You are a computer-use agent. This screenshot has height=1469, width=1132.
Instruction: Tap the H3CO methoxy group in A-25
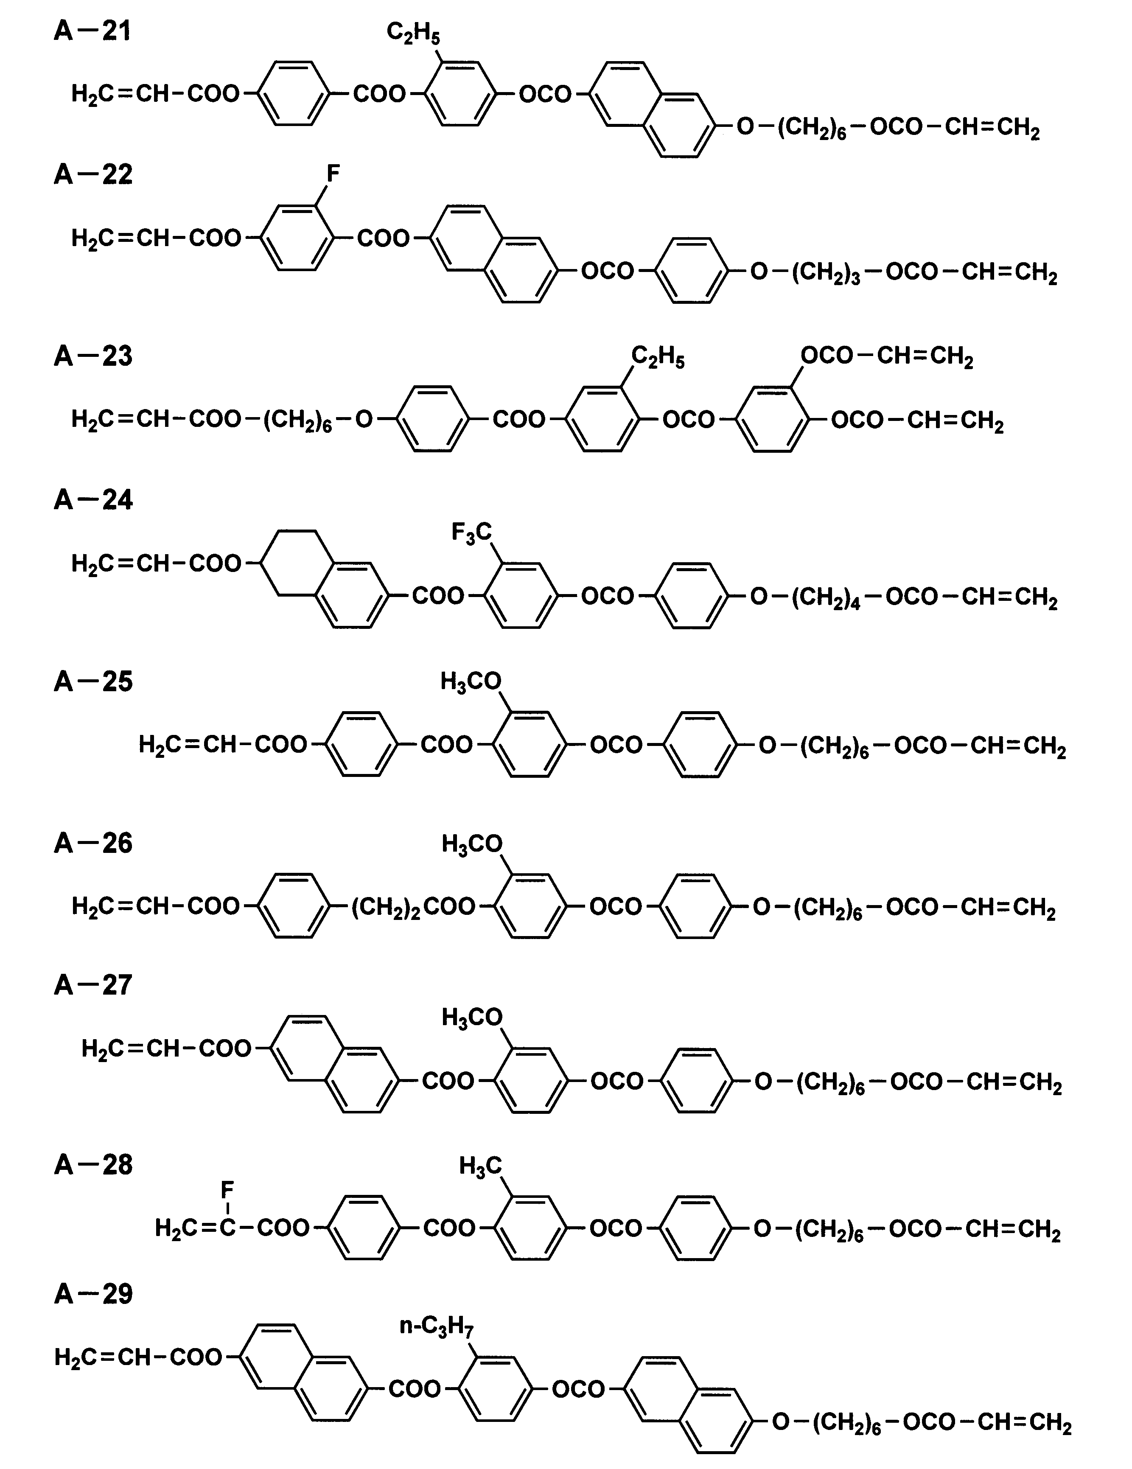tap(471, 681)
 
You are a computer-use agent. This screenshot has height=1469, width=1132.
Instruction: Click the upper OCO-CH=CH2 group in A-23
tap(886, 356)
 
